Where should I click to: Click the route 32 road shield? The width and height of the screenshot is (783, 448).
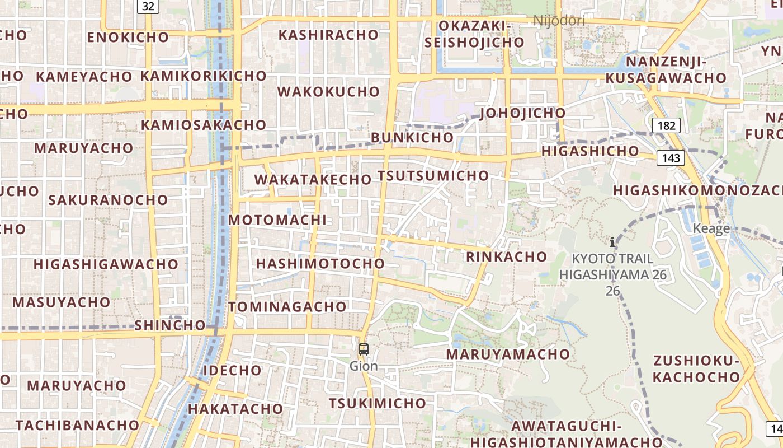click(148, 6)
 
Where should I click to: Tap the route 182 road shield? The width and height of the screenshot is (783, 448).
click(666, 125)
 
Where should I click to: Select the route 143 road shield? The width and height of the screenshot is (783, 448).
click(671, 158)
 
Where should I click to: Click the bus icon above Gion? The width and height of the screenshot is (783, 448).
click(364, 350)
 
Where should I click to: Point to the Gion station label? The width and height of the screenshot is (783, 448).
click(364, 366)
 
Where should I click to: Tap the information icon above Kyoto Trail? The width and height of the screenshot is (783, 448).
click(613, 242)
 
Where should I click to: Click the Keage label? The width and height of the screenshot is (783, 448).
click(711, 228)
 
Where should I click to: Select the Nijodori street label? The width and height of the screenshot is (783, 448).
click(559, 21)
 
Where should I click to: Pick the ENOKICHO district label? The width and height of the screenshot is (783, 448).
click(128, 38)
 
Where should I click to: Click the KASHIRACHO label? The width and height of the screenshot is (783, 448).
click(328, 35)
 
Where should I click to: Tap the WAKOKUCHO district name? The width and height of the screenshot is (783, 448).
click(328, 92)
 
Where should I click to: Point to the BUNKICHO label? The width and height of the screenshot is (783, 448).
click(412, 138)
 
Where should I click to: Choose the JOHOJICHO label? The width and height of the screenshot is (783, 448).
click(522, 113)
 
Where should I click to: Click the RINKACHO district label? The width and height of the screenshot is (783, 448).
click(506, 257)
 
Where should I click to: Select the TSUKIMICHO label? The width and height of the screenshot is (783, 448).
click(377, 403)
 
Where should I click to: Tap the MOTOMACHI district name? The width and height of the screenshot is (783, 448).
click(277, 220)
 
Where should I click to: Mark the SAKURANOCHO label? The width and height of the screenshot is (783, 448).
click(108, 200)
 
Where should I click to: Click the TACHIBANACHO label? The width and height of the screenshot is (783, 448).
click(77, 425)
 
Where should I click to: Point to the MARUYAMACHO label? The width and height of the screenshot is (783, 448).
click(508, 354)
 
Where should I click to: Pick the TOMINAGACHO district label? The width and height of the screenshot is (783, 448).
click(287, 307)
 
